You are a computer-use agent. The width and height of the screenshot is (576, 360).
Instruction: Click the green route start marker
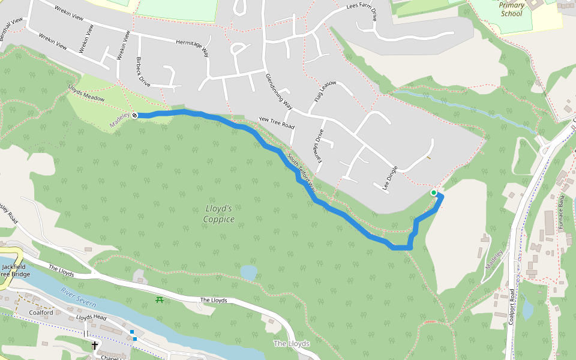tap(434, 193)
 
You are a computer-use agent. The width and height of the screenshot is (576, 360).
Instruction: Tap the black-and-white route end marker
tap(135, 115)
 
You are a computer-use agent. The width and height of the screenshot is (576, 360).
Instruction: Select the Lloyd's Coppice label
tap(218, 214)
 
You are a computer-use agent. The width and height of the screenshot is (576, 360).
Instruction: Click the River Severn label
tap(78, 298)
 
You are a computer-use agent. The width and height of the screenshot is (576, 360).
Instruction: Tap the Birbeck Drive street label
tap(143, 71)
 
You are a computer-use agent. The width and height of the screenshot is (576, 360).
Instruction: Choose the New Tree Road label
tap(276, 123)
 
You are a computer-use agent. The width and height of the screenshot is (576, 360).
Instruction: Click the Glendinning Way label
tap(278, 91)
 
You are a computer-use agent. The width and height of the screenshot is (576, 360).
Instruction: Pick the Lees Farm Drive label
tap(362, 12)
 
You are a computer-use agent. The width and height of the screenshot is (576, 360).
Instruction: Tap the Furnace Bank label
tap(562, 209)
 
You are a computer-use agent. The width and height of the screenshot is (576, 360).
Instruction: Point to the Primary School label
tap(511, 9)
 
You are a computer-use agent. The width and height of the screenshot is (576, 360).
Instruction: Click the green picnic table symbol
tap(160, 299)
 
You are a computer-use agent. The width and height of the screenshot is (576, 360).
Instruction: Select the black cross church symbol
tap(94, 346)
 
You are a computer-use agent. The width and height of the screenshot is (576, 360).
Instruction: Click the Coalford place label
tap(41, 313)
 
